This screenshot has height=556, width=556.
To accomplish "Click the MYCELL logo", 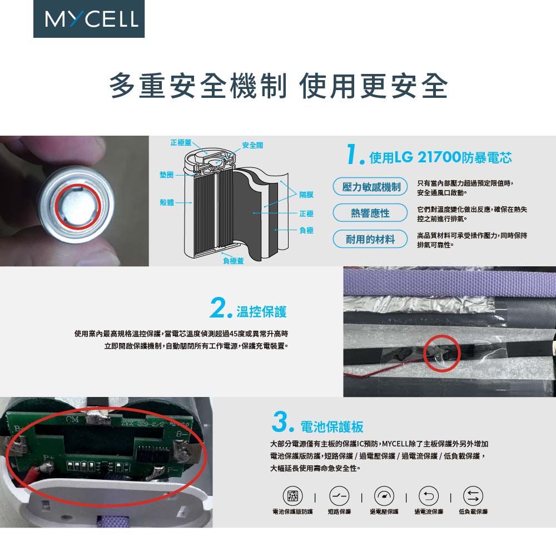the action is point(89,19).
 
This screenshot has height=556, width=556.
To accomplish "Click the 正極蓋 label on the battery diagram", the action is point(181,142).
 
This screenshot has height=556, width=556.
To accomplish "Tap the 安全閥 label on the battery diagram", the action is point(252,145).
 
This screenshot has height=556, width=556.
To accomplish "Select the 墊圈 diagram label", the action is point(166,175).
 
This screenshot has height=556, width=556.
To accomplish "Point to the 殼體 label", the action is point(167,202).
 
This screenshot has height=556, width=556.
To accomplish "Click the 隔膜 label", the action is point(306,195).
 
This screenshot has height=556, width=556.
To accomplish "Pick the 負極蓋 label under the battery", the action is point(234,261).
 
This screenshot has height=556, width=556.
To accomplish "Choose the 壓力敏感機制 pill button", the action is point(370,187).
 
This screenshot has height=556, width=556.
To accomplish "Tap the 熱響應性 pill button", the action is point(370,213).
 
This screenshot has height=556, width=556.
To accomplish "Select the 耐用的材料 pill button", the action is point(370,239).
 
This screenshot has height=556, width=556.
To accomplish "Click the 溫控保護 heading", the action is point(261,312).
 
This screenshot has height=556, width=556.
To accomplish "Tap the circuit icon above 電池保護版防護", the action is point(292,495).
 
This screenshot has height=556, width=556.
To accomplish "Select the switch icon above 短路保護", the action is point(339,495).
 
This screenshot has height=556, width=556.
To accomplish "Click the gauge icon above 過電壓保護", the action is point(384,495).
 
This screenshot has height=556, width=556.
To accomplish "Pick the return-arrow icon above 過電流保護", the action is point(429,495).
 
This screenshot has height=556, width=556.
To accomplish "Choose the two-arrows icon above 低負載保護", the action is point(473,495).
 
